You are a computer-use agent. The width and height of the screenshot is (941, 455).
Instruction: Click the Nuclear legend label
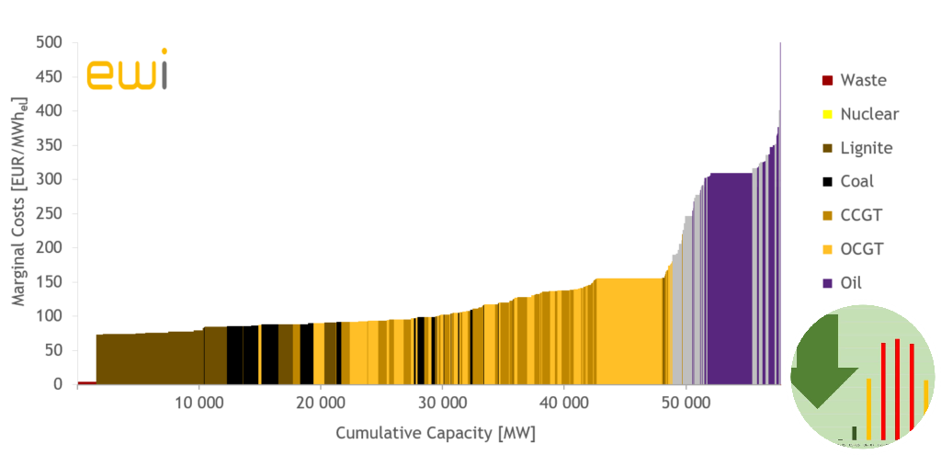[869, 114]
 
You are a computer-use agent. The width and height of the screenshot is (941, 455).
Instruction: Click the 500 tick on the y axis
[49, 42]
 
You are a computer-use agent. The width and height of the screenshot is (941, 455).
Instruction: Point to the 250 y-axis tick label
[49, 213]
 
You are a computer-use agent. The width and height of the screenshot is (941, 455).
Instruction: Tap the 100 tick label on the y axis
[49, 316]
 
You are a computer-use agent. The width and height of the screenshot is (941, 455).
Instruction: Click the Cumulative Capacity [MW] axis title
[436, 432]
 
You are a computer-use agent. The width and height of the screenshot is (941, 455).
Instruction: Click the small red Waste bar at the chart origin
[87, 382]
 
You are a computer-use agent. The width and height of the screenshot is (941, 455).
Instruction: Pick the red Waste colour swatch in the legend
[827, 80]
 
